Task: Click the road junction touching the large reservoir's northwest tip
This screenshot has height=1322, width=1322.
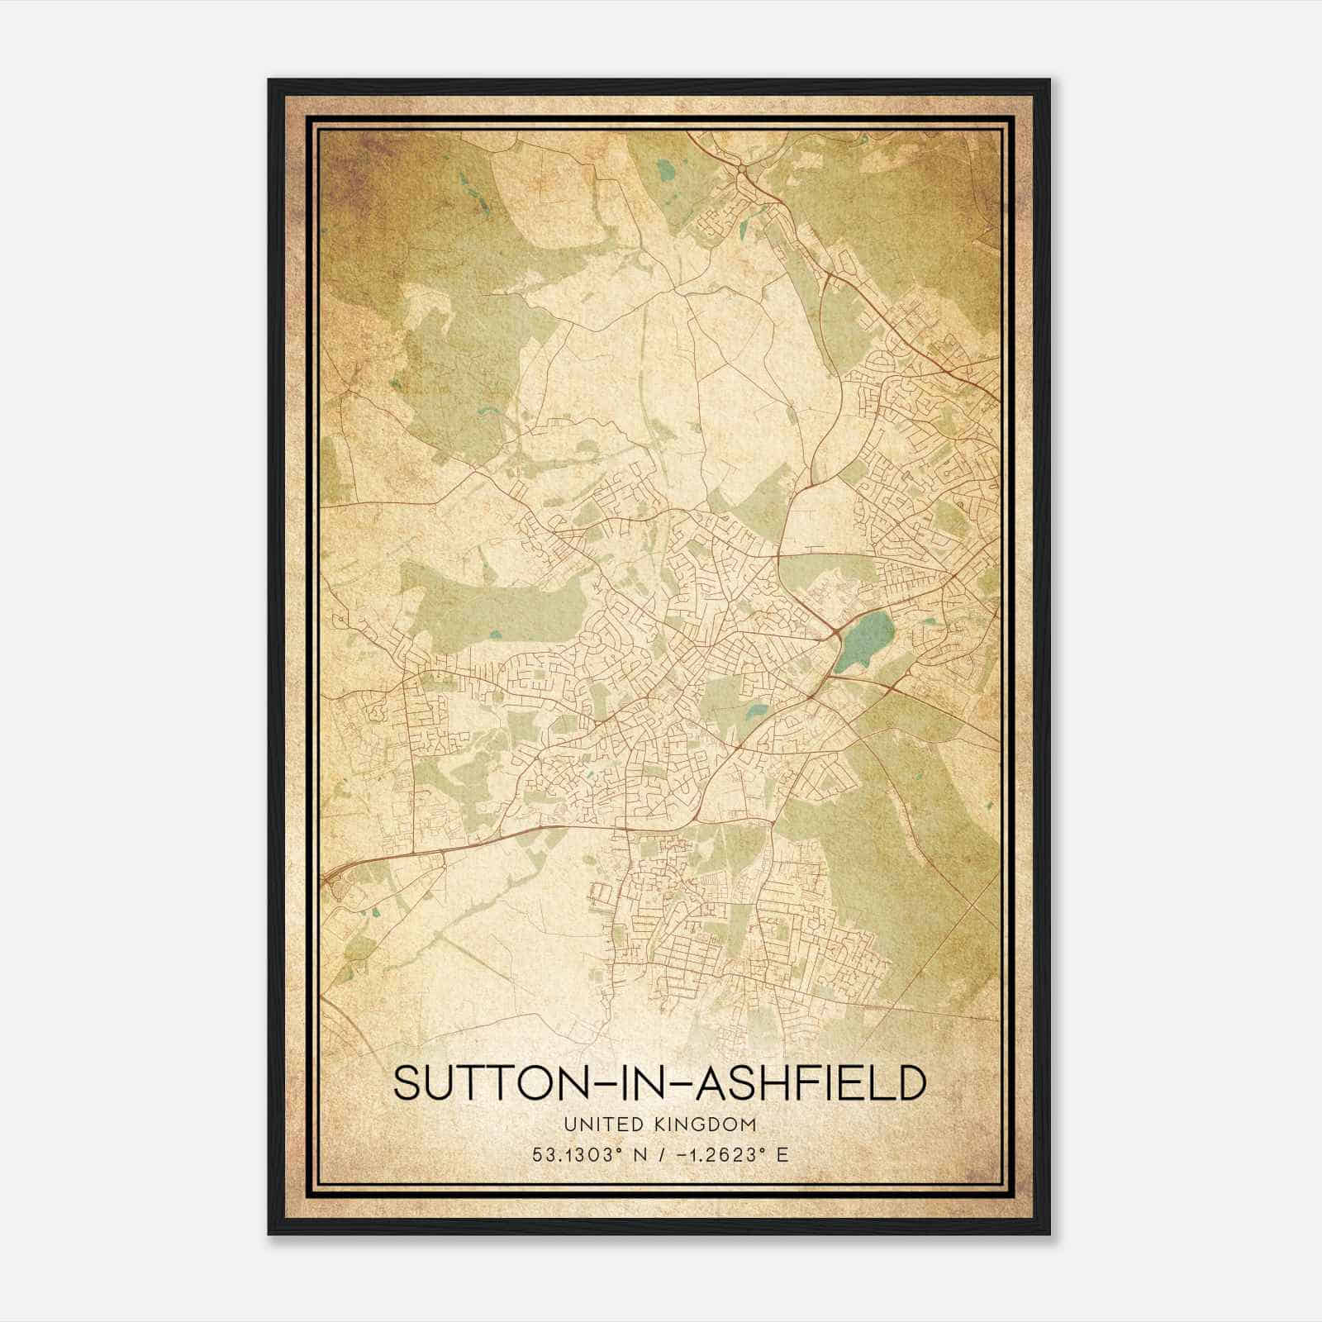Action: (837, 632)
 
